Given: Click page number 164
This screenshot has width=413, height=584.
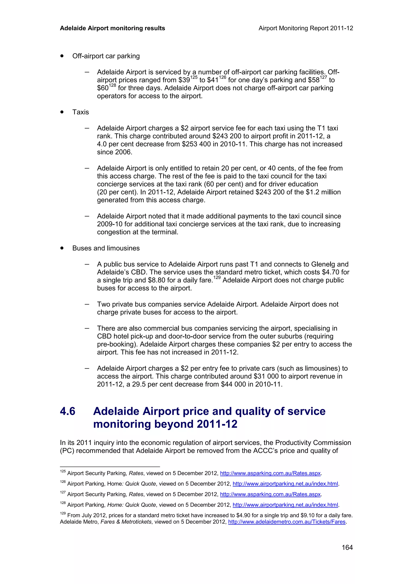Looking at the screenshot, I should pos(347,547).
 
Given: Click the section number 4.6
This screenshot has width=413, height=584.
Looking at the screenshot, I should pos(68,411).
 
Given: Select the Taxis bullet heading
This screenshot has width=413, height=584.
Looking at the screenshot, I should pos(80,112).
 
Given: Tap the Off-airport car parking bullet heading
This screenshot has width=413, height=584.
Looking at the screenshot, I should pos(106,56).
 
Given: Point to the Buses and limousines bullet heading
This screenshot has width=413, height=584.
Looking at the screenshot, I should pos(106,248).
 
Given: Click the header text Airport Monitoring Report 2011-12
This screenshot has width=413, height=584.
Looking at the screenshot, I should pos(306,28).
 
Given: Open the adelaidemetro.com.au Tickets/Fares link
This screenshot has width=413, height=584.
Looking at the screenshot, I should pos(287,522).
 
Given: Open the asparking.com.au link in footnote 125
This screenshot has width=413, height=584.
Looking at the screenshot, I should pos(270,473).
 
